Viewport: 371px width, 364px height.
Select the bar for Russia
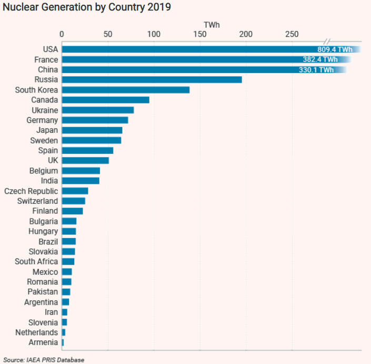(x=152, y=80)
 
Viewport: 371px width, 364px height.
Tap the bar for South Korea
(x=125, y=90)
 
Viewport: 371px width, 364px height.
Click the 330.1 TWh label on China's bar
(x=316, y=69)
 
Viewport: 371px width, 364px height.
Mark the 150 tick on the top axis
(x=200, y=34)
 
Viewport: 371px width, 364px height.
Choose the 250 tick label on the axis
(x=292, y=34)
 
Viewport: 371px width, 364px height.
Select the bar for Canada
(x=105, y=100)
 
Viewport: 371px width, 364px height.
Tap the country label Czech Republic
(x=31, y=191)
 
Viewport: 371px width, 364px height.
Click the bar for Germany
(x=95, y=120)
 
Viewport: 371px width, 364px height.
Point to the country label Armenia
(x=43, y=342)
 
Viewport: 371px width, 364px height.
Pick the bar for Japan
(x=92, y=130)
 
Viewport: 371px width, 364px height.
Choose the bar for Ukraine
(x=98, y=110)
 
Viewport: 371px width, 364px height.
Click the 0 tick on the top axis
(x=62, y=34)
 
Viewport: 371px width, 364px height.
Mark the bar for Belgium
(x=81, y=171)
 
